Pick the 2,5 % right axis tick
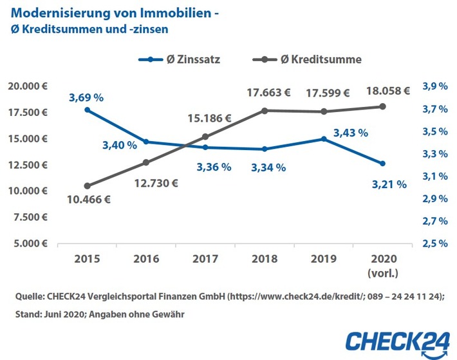pos(434,243)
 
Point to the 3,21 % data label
pos(390,184)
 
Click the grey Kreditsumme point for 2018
pos(265,111)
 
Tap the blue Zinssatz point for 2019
pos(324,138)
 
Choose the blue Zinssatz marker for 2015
pos(87,110)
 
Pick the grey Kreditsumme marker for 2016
pos(146,162)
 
